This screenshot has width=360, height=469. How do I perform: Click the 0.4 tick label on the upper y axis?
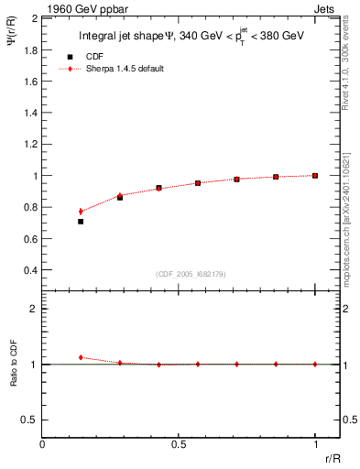[x=29, y=270]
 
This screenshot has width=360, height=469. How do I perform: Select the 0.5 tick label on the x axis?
[x=178, y=444]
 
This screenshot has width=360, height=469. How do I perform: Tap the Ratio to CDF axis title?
[x=14, y=377]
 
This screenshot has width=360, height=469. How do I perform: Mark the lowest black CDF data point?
[x=81, y=222]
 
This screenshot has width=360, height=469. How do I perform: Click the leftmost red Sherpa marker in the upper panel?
[x=81, y=212]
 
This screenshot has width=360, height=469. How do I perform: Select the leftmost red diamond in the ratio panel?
[x=81, y=357]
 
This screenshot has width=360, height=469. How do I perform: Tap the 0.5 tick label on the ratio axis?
[x=29, y=420]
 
